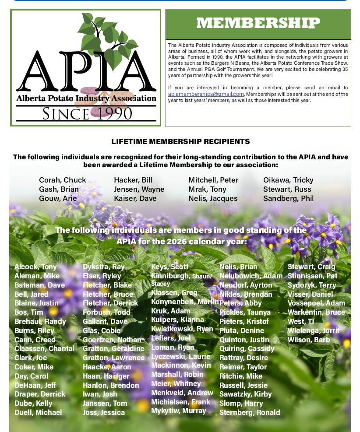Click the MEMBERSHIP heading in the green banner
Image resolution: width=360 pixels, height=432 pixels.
[x=258, y=23]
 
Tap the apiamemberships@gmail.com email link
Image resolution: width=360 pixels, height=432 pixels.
[x=206, y=94]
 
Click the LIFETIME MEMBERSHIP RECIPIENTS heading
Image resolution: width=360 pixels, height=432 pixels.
[x=180, y=141]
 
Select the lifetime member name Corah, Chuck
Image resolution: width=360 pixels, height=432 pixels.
[x=63, y=180]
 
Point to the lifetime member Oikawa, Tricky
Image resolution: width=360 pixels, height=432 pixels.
[x=288, y=180]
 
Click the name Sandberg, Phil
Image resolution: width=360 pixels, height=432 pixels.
[x=288, y=198]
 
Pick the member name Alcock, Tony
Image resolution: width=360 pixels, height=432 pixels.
[x=35, y=267]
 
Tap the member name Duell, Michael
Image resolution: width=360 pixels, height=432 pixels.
[x=38, y=412]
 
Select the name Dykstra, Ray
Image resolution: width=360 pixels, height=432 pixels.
[x=104, y=267]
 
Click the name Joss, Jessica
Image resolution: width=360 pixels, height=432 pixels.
[x=104, y=412]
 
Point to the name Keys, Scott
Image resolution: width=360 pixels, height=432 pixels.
[x=170, y=267]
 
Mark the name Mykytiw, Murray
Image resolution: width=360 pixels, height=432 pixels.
[x=179, y=411]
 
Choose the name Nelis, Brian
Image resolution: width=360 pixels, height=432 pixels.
[x=238, y=267]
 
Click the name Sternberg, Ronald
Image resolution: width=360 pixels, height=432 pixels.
[x=250, y=412]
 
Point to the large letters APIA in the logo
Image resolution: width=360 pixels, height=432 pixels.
[x=86, y=70]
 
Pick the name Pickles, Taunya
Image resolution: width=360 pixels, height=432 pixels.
[x=245, y=312]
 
